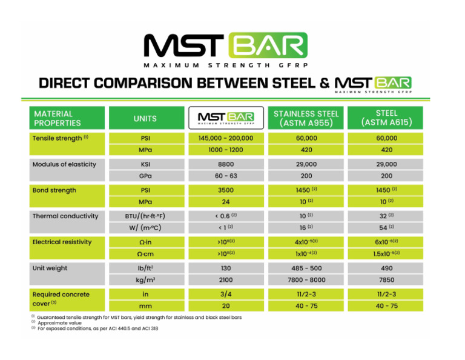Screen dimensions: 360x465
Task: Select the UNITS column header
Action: (x=146, y=118)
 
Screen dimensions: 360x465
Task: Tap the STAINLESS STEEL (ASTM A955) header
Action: (x=306, y=118)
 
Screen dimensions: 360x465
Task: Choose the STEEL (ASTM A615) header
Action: (x=386, y=118)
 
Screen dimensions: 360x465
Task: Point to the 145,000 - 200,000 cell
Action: (x=226, y=138)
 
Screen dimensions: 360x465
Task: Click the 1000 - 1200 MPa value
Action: (x=226, y=150)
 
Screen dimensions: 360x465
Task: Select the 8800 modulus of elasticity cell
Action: (x=226, y=164)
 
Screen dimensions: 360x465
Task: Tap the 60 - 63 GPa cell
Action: (x=226, y=176)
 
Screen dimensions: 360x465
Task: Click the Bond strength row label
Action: (x=54, y=190)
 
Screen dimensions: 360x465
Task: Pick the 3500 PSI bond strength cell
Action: (x=226, y=190)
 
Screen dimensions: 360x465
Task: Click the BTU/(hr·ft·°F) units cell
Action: (x=146, y=216)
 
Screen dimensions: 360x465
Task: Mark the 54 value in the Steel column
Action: (x=386, y=227)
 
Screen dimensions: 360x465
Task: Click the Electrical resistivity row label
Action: (x=62, y=242)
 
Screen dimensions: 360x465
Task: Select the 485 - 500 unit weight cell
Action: (x=306, y=268)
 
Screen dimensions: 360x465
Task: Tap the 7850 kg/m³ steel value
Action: (x=386, y=279)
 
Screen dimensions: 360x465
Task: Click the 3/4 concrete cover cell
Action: (x=226, y=295)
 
